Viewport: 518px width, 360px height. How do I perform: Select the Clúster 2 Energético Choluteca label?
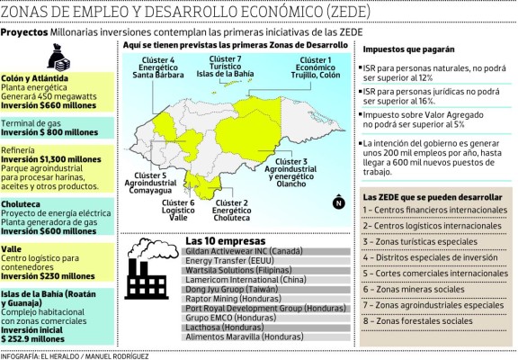pos(232,211)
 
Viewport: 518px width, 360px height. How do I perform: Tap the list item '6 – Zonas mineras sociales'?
pos(416,289)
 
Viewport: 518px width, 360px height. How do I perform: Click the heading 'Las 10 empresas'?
pos(219,241)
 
